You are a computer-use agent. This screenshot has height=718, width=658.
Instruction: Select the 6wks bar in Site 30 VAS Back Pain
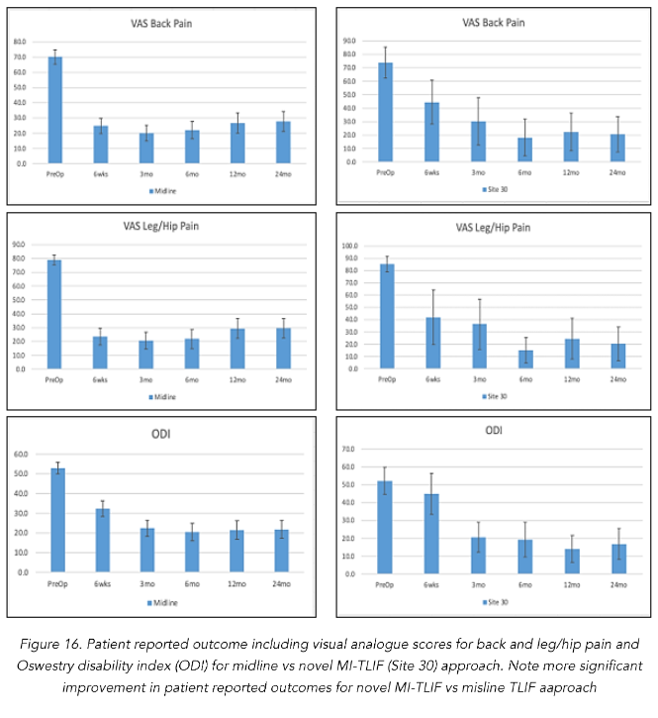tap(431, 132)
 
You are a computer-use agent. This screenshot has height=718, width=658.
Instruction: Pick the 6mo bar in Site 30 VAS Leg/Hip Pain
tap(524, 359)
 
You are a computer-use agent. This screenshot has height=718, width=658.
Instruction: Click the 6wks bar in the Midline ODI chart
tap(102, 541)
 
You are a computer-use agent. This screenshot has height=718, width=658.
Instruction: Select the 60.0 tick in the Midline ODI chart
tap(22, 455)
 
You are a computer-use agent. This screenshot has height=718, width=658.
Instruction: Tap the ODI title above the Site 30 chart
tap(493, 432)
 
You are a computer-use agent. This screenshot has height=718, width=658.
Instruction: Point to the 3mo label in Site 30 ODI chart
tap(478, 584)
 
